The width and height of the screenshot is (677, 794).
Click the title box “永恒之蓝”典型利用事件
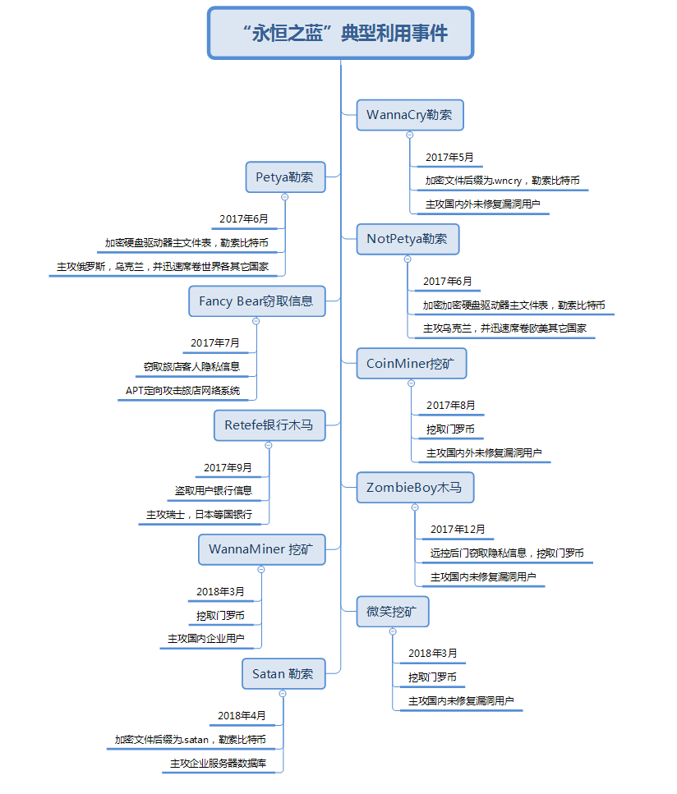click(340, 33)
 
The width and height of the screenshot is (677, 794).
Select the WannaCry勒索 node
click(410, 115)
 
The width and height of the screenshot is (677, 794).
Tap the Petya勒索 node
click(285, 177)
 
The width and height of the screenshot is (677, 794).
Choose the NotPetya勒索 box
click(408, 239)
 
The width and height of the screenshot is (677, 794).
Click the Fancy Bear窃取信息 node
click(257, 301)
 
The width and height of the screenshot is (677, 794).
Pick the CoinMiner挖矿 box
click(412, 364)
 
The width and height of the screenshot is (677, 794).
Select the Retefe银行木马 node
click(269, 425)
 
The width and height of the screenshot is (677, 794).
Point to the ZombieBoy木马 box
click(415, 488)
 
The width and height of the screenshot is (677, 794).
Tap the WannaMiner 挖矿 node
click(261, 549)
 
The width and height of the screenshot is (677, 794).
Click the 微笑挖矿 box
click(393, 612)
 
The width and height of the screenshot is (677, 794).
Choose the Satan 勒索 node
click(283, 674)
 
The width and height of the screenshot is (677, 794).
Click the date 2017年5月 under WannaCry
click(449, 158)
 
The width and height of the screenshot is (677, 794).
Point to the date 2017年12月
click(458, 529)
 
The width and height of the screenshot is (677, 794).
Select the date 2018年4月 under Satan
click(242, 715)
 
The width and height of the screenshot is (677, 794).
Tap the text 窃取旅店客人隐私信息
click(191, 366)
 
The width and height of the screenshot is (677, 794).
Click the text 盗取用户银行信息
click(214, 491)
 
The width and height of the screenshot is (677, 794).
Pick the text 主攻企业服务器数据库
click(219, 763)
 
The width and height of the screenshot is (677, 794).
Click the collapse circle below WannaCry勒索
click(410, 135)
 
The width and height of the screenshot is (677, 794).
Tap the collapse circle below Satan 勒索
click(283, 694)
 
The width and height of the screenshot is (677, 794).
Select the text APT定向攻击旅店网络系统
click(183, 390)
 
